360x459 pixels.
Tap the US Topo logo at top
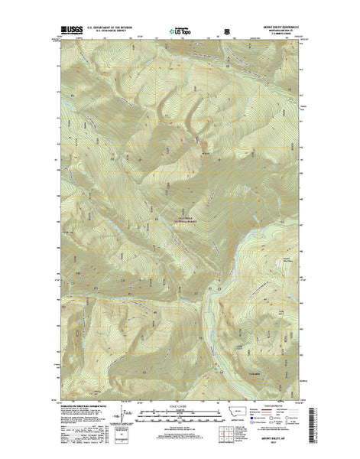click(183, 33)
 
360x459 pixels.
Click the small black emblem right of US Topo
click(225, 31)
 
